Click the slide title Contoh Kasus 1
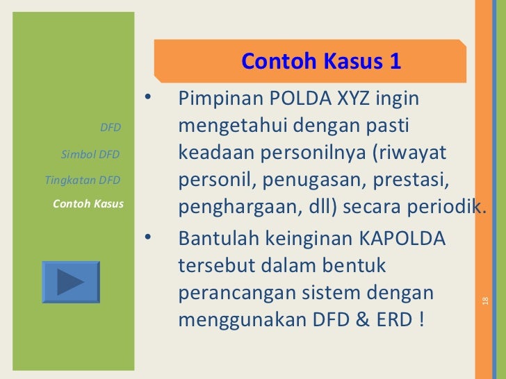[321, 61]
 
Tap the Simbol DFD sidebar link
[90, 154]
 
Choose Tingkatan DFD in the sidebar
[82, 180]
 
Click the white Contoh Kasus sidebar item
[88, 204]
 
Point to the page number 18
[485, 301]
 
